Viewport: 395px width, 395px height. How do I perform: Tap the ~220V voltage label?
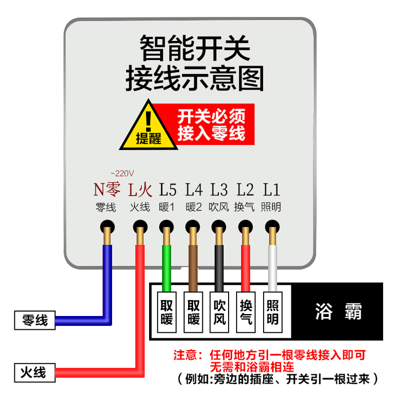[122, 173]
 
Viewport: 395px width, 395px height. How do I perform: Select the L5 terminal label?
[167, 189]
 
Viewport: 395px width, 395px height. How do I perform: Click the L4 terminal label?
[194, 189]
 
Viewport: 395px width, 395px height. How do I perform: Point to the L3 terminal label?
[219, 189]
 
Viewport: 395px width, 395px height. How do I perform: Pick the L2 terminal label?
[245, 189]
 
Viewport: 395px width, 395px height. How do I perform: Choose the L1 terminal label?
[272, 189]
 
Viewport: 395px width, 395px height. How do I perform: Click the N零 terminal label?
[107, 189]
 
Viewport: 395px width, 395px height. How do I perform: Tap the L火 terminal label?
[139, 189]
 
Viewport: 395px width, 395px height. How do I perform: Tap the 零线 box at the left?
[35, 320]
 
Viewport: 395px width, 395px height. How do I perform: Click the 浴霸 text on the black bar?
[338, 312]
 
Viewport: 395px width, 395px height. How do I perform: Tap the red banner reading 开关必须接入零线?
[211, 124]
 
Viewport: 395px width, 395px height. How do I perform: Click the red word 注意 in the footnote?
[185, 355]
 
